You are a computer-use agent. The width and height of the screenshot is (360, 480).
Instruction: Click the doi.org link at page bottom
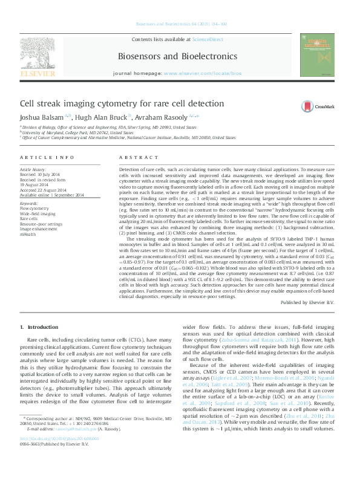pos(59,455)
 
